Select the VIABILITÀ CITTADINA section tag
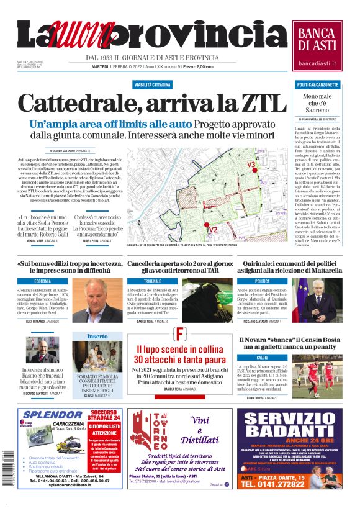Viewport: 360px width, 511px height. [152, 83]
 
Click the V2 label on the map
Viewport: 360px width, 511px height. [212, 229]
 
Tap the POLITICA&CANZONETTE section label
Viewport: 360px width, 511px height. [317, 84]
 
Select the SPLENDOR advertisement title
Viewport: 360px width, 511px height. [52, 416]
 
